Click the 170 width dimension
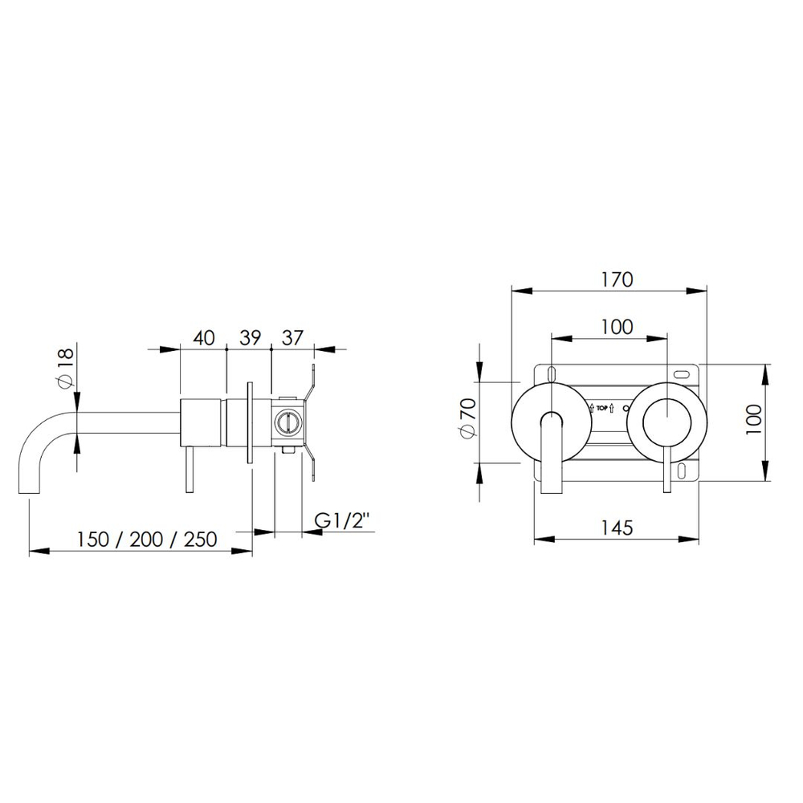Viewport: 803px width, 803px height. coord(618,279)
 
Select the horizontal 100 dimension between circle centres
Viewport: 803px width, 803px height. coord(617,327)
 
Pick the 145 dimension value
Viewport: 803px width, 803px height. coord(617,528)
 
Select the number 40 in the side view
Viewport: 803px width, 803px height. coord(204,338)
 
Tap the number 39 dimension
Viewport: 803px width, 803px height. coord(251,338)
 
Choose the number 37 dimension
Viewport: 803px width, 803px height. coord(293,338)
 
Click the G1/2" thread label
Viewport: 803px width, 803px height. coord(341,521)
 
